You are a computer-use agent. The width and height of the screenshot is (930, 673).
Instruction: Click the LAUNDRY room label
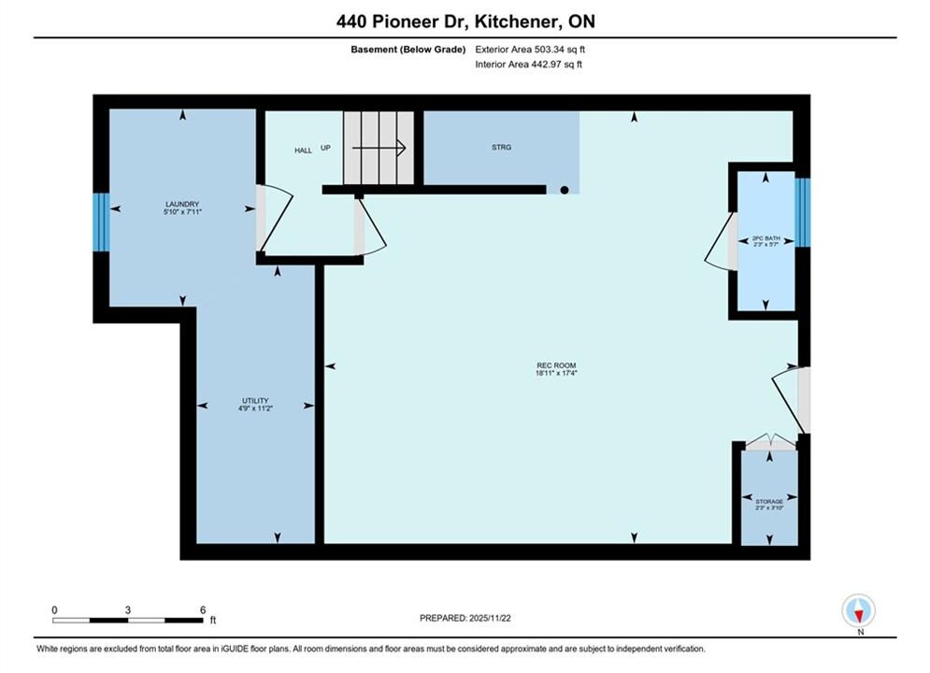pyautogui.click(x=182, y=204)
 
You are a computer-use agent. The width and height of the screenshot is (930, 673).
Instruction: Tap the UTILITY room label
pyautogui.click(x=255, y=400)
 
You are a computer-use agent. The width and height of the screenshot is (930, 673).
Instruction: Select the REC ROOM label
pyautogui.click(x=556, y=365)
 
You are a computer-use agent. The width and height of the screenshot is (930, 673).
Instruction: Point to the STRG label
pyautogui.click(x=501, y=147)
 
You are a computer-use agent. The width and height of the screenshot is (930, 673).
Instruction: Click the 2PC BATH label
pyautogui.click(x=766, y=237)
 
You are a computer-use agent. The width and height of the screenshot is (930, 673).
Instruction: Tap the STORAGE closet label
pyautogui.click(x=769, y=502)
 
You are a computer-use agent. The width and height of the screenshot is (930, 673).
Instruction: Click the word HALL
pyautogui.click(x=303, y=150)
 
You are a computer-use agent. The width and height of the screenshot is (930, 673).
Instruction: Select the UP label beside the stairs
pyautogui.click(x=325, y=148)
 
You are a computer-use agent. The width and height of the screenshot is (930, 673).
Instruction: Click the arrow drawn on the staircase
pyautogui.click(x=379, y=147)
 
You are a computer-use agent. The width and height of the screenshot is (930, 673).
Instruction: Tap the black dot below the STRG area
pyautogui.click(x=565, y=191)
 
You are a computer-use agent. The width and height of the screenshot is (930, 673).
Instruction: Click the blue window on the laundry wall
pyautogui.click(x=102, y=222)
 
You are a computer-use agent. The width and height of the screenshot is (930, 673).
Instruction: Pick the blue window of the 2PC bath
pyautogui.click(x=803, y=212)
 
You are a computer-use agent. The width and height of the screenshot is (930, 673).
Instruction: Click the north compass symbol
pyautogui.click(x=859, y=610)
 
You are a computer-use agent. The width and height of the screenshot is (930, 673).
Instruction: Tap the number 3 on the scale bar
pyautogui.click(x=127, y=609)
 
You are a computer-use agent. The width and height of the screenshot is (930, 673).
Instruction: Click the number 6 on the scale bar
pyautogui.click(x=203, y=609)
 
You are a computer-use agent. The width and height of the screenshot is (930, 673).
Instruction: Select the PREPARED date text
pyautogui.click(x=465, y=618)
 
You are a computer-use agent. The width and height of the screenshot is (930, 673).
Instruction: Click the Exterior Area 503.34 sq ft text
pyautogui.click(x=530, y=50)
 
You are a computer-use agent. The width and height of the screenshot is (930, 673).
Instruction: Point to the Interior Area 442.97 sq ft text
pyautogui.click(x=528, y=64)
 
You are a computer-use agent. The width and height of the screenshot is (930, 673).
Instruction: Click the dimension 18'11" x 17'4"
pyautogui.click(x=556, y=373)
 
